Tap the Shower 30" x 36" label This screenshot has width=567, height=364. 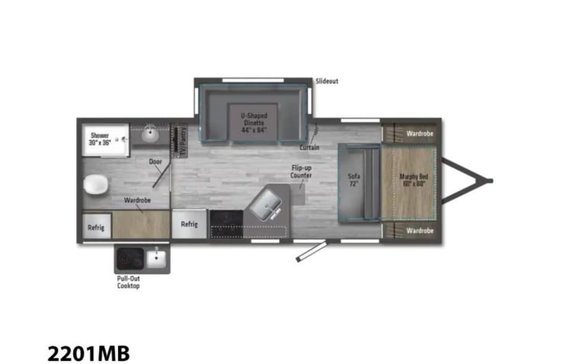pyautogui.click(x=99, y=138)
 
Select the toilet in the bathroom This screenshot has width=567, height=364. pyautogui.click(x=96, y=185)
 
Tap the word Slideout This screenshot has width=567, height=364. pyautogui.click(x=327, y=81)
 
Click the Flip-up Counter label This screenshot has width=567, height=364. pyautogui.click(x=302, y=172)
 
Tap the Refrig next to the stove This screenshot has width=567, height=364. pyautogui.click(x=189, y=224)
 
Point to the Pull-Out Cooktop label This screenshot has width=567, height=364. pyautogui.click(x=128, y=282)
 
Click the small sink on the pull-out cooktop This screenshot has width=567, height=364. pyautogui.click(x=157, y=256)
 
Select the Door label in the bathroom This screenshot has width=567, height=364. pyautogui.click(x=155, y=162)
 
